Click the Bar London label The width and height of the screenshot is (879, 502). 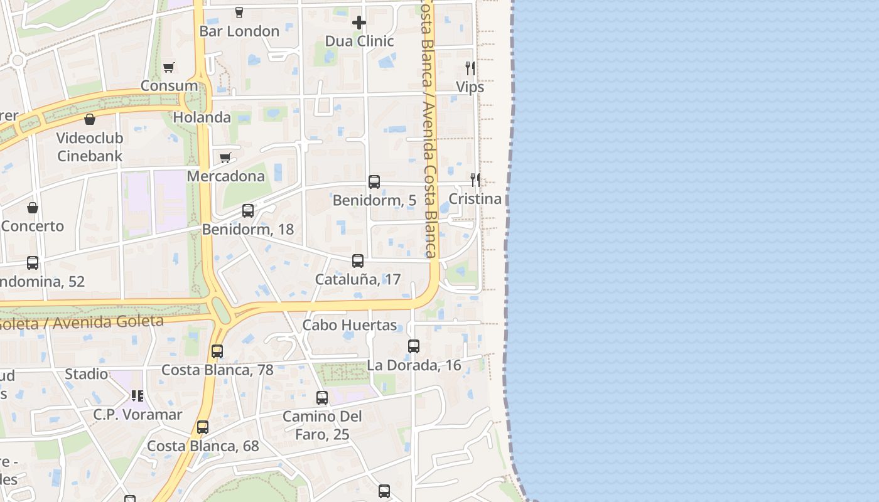(x=239, y=31)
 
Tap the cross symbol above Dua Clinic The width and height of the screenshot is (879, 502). (x=359, y=23)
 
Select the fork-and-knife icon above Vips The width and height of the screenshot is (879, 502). (x=470, y=68)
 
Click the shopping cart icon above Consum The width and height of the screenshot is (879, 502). (x=168, y=67)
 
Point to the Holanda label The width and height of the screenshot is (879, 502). (x=202, y=117)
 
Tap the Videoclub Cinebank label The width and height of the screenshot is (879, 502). (x=90, y=147)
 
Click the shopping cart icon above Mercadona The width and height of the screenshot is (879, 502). (x=225, y=158)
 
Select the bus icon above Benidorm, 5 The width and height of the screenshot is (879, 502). (x=374, y=182)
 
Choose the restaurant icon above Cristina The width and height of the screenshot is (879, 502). (x=475, y=180)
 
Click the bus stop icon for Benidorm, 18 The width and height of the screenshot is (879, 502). (x=248, y=211)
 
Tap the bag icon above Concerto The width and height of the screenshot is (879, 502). (x=33, y=208)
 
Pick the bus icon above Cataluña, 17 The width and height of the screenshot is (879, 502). (x=358, y=261)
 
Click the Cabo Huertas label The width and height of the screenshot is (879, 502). (x=350, y=325)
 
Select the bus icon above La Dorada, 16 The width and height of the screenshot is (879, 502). (x=414, y=346)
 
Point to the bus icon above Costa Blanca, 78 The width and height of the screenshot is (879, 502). (x=217, y=351)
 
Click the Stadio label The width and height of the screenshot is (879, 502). (x=87, y=375)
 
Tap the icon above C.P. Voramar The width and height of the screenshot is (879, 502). (x=138, y=396)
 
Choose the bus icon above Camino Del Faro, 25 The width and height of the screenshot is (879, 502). (x=322, y=398)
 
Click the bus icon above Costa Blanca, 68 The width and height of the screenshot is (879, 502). (x=203, y=428)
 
